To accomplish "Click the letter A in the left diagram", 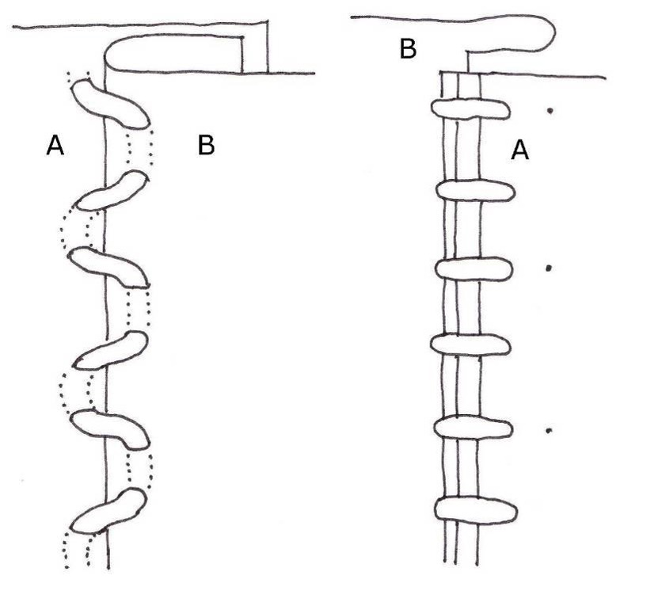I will pyautogui.click(x=55, y=146).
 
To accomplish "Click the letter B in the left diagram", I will pyautogui.click(x=206, y=146).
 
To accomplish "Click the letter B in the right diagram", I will pyautogui.click(x=408, y=50).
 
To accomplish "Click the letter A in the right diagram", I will pyautogui.click(x=519, y=149).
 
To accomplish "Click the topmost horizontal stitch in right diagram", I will pyautogui.click(x=469, y=109).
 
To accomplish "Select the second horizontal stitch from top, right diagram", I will pyautogui.click(x=474, y=191).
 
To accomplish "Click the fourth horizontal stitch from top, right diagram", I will pyautogui.click(x=470, y=345).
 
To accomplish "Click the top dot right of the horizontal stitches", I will pyautogui.click(x=549, y=112).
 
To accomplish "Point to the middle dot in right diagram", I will pyautogui.click(x=548, y=268).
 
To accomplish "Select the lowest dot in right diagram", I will pyautogui.click(x=549, y=431).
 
